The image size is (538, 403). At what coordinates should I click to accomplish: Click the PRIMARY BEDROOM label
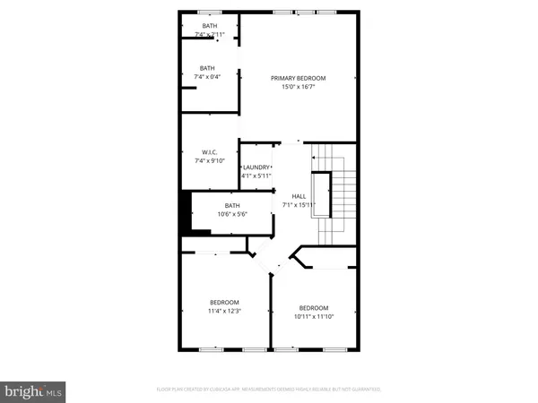(x=299, y=79)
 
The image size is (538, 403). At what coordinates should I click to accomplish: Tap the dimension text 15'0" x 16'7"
(x=299, y=89)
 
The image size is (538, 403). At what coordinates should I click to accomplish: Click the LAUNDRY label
(x=256, y=167)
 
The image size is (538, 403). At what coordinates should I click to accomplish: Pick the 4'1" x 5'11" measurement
(x=256, y=176)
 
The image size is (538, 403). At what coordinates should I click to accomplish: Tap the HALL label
(x=299, y=195)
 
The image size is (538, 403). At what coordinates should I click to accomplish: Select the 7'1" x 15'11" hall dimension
(x=299, y=205)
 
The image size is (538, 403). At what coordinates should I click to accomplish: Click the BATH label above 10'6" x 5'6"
(x=232, y=205)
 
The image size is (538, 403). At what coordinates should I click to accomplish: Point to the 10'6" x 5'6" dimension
(x=232, y=215)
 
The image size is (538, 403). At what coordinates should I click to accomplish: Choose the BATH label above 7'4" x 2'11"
(x=209, y=26)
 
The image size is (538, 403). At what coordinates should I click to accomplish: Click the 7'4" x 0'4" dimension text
(x=207, y=77)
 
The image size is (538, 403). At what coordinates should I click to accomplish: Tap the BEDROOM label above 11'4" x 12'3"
(x=224, y=302)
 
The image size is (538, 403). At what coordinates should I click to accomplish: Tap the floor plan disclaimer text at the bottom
(x=269, y=390)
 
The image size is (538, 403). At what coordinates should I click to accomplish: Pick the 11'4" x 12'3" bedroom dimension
(x=224, y=312)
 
